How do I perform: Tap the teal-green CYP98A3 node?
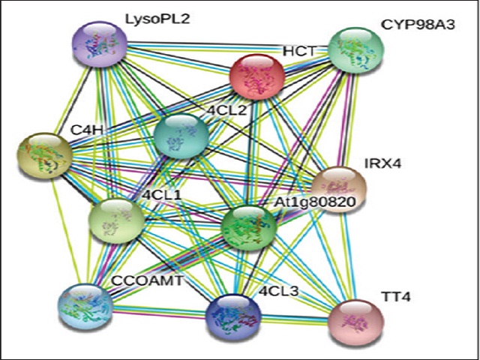(x=357, y=52)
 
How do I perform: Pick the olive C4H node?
(x=45, y=156)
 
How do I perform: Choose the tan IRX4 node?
(x=340, y=187)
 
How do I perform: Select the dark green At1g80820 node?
(x=250, y=227)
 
